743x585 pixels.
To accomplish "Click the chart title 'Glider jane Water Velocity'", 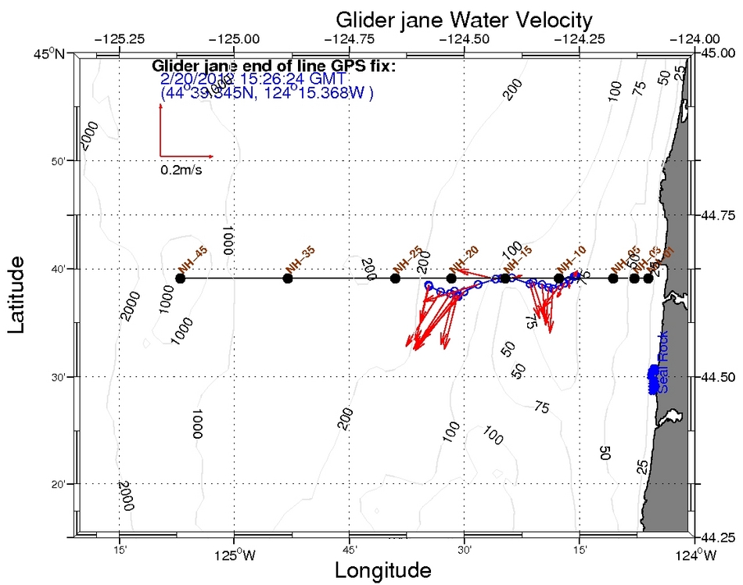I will (463, 18).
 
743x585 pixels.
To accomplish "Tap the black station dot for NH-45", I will (181, 278).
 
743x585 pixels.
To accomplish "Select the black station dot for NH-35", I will (288, 278).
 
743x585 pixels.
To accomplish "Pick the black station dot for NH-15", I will (505, 278).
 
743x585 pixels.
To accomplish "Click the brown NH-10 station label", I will (570, 259).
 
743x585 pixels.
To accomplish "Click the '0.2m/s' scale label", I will (181, 169).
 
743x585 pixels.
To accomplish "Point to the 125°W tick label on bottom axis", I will (234, 557).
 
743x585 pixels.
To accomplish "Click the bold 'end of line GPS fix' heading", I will (274, 66).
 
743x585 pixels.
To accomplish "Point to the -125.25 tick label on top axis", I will (119, 38).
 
